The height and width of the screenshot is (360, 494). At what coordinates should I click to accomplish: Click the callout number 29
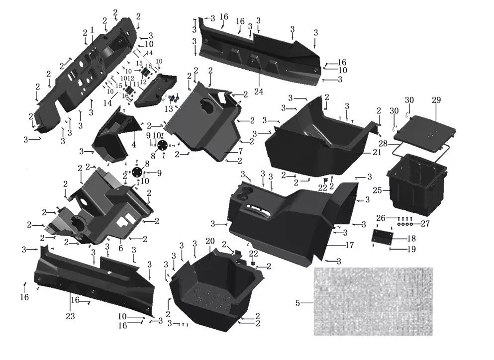436,100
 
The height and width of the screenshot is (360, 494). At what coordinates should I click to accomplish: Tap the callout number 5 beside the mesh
297,303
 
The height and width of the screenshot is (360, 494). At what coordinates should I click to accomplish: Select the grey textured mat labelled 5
373,301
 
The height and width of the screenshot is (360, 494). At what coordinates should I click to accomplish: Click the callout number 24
259,91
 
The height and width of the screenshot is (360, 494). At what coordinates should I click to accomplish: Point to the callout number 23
70,316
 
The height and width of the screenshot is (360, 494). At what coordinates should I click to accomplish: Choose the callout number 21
377,153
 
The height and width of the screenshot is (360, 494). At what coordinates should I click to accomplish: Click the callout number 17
350,245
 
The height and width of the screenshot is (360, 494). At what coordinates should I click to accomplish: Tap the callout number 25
378,190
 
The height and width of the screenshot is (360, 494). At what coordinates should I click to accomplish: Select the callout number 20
210,241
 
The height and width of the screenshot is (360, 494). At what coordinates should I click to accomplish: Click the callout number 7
241,151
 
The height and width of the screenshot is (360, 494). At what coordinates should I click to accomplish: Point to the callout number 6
121,248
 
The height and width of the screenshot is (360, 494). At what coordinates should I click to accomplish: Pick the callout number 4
134,145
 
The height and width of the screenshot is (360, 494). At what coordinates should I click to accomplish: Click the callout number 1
92,30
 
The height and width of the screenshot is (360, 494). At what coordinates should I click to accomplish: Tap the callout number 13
169,109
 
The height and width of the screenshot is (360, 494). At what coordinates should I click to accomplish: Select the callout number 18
411,238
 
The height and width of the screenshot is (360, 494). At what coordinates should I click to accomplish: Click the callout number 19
411,249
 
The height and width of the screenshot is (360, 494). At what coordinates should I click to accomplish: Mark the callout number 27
425,224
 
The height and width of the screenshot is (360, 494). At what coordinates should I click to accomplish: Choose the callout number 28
383,144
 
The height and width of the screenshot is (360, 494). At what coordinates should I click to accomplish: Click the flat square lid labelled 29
425,132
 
